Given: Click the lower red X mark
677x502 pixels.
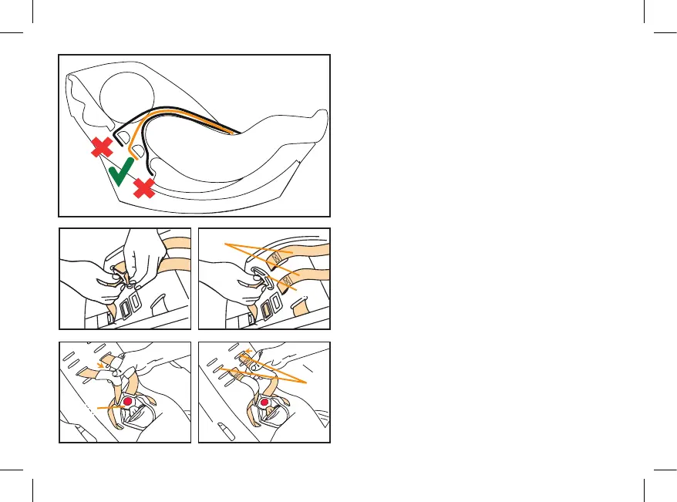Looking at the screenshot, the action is (143, 187).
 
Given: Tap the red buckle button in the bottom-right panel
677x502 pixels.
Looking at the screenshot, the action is (265, 403).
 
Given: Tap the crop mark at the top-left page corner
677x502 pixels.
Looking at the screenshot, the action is (32, 32).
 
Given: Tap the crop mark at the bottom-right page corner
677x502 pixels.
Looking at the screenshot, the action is (644, 469).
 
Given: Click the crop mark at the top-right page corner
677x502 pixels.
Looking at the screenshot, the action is (644, 32).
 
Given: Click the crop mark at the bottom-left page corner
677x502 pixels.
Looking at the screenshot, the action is (32, 469).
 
